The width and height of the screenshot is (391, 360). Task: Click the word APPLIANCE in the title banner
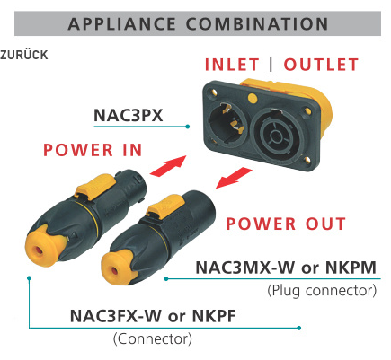pyautogui.click(x=121, y=24)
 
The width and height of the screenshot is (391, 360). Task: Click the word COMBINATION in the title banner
pyautogui.click(x=257, y=24)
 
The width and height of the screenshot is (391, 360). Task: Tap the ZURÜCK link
pyautogui.click(x=24, y=55)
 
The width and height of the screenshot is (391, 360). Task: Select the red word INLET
pyautogui.click(x=232, y=65)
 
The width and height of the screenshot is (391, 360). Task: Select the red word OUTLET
pyautogui.click(x=321, y=65)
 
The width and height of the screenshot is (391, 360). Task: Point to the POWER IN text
pyautogui.click(x=93, y=150)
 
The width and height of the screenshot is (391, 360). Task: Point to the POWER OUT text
pyautogui.click(x=286, y=224)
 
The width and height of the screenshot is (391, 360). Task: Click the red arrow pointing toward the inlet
pyautogui.click(x=169, y=165)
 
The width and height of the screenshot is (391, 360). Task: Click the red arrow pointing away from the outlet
pyautogui.click(x=234, y=178)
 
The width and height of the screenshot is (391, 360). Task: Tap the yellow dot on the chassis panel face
pyautogui.click(x=253, y=98)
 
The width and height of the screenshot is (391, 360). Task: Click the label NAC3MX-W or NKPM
pyautogui.click(x=286, y=268)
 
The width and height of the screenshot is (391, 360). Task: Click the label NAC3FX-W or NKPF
pyautogui.click(x=153, y=316)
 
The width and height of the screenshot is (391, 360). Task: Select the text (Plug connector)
pyautogui.click(x=322, y=291)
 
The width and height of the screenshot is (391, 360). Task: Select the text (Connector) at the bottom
pyautogui.click(x=153, y=339)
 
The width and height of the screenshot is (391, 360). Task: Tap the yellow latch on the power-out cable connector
pyautogui.click(x=165, y=206)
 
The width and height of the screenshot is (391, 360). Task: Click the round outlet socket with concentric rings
pyautogui.click(x=276, y=135)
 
